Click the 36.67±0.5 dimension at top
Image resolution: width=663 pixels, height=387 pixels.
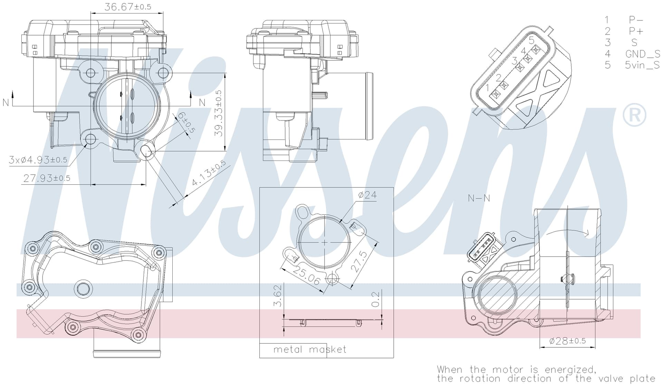point(128,7)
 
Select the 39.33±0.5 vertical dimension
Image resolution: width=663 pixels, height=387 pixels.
point(219,113)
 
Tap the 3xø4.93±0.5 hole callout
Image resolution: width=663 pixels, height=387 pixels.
point(38,160)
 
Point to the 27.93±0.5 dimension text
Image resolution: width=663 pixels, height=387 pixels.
point(47,178)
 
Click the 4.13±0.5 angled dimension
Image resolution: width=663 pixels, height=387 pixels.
point(209,173)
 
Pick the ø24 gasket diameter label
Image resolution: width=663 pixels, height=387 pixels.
point(367,195)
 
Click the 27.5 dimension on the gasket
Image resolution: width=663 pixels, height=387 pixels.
point(359,262)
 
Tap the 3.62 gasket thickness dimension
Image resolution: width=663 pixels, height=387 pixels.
point(278,296)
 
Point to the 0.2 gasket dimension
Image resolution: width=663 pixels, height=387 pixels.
point(375,299)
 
